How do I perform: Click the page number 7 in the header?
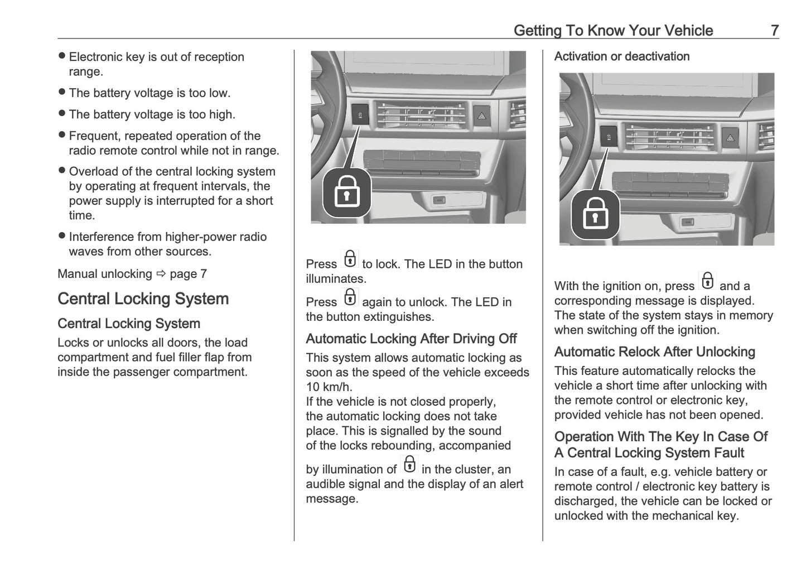[x=774, y=30]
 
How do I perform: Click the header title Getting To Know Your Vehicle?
[x=613, y=30]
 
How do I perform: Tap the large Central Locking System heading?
[x=143, y=299]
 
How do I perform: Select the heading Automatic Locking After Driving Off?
[x=411, y=339]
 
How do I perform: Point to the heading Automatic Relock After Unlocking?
[x=654, y=352]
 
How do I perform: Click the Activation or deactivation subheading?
[x=621, y=56]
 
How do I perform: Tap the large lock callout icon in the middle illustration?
[x=347, y=193]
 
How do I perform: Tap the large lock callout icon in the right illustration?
[x=595, y=215]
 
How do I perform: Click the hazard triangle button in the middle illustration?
[x=481, y=116]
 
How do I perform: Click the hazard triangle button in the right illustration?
[x=729, y=138]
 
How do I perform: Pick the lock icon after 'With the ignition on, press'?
[x=707, y=281]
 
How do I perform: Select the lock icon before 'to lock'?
[x=350, y=259]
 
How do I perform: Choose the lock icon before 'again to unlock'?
[x=350, y=297]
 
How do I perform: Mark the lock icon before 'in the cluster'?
[x=409, y=464]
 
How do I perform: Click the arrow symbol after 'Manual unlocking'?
[x=161, y=274]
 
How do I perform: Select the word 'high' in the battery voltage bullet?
[x=220, y=114]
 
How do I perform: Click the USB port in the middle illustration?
[x=439, y=200]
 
